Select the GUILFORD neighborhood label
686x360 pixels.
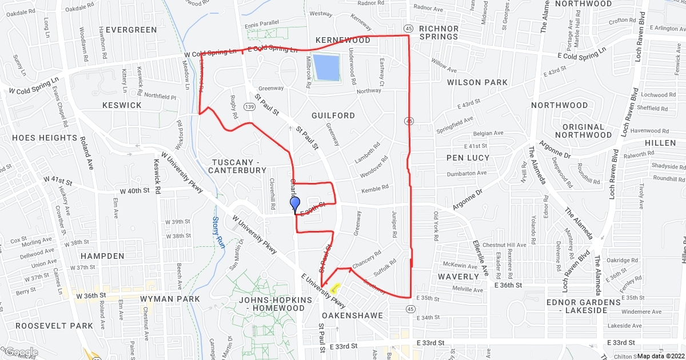[333, 115]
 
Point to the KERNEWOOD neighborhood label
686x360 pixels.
[343, 41]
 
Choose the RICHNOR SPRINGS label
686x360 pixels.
[438, 32]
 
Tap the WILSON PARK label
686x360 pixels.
[477, 82]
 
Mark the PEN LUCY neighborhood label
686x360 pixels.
[468, 158]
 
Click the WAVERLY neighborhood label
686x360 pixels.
[458, 277]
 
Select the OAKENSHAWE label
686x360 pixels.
[348, 315]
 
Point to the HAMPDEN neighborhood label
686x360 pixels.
[102, 255]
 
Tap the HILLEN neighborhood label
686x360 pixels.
[660, 143]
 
